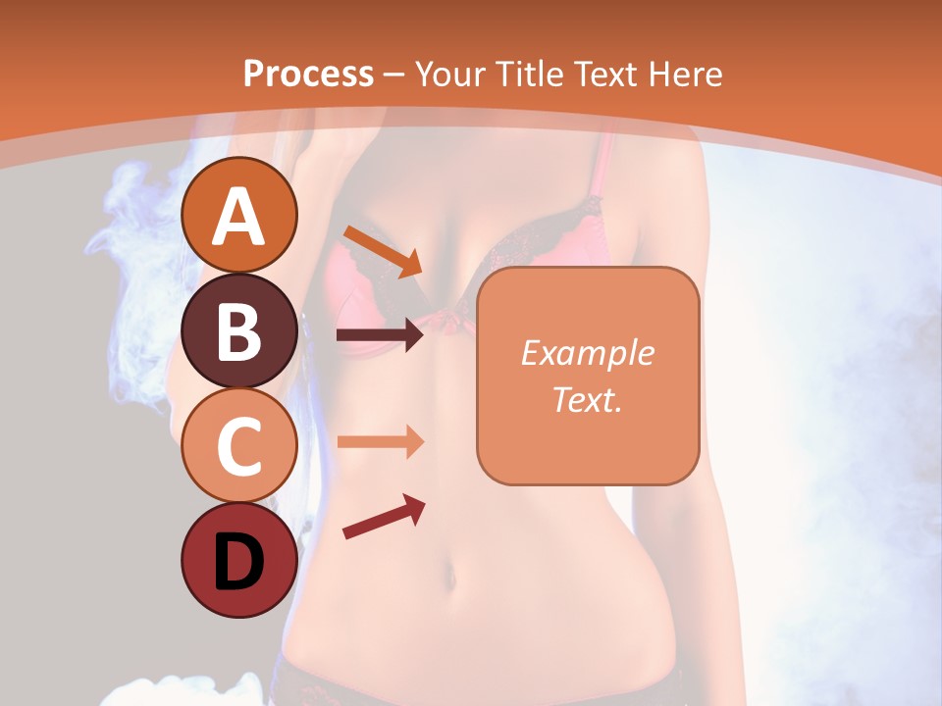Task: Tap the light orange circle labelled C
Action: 239,446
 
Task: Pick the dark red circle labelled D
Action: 239,561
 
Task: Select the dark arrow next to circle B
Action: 380,335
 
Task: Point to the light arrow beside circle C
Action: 380,441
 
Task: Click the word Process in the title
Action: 308,75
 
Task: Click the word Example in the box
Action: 587,353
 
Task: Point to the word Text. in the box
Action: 587,399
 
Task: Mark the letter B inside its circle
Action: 239,331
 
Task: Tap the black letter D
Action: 239,562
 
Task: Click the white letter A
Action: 239,216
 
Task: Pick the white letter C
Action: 239,447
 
